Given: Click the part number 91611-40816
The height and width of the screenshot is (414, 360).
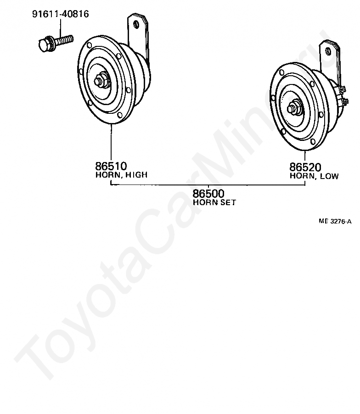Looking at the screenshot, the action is click(61, 14).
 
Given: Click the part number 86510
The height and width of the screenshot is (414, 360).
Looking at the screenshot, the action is click(111, 166).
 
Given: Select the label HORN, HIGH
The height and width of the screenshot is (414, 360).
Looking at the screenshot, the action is click(121, 175).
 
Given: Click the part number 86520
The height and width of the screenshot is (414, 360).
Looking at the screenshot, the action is click(305, 167).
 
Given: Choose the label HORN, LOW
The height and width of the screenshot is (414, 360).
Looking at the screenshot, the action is click(314, 176).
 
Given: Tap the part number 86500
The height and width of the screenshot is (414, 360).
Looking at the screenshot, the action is click(208, 194).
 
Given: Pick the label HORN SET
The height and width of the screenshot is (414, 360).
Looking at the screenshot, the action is click(214, 202).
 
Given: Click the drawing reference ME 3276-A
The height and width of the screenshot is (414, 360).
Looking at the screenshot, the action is click(335, 222).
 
